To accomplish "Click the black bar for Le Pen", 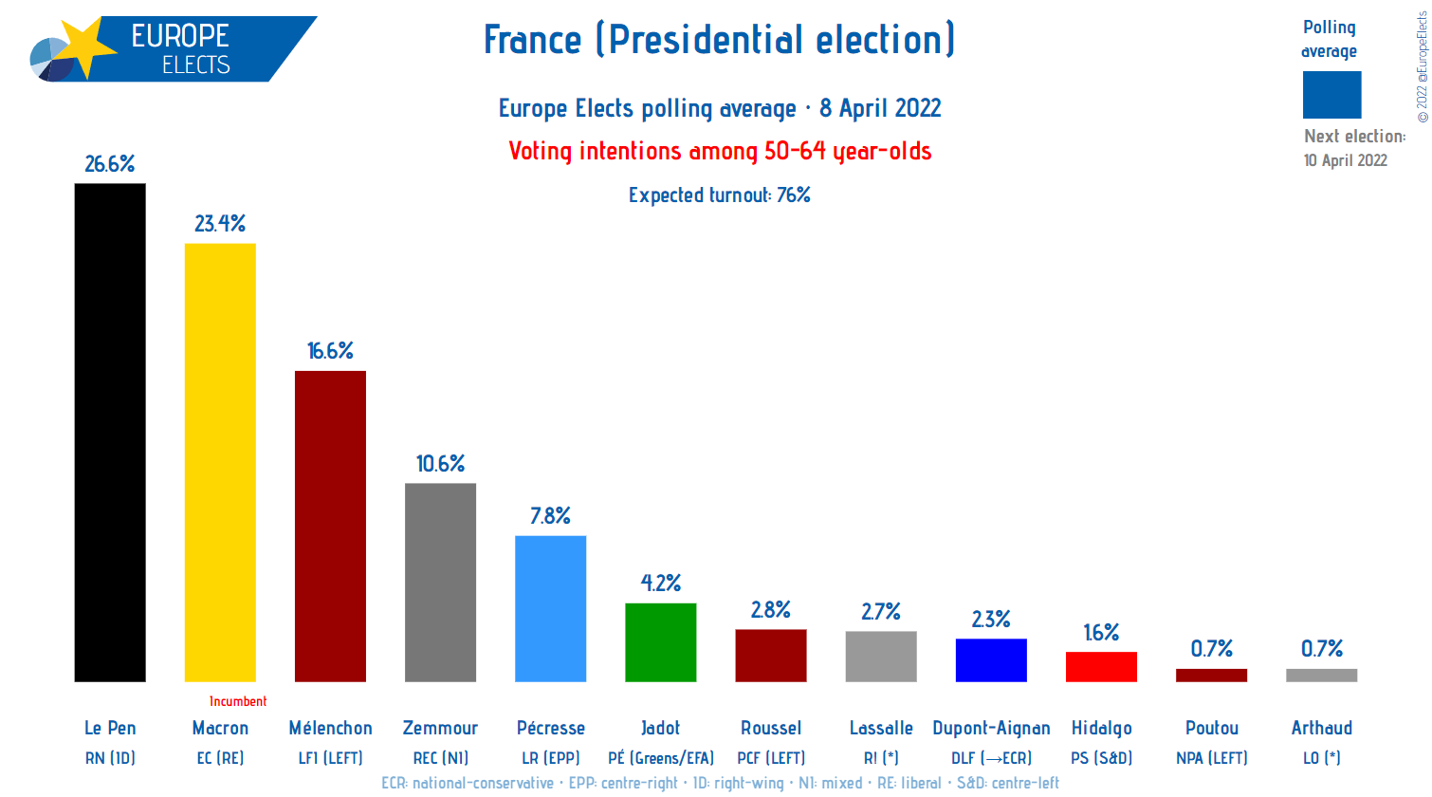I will (x=110, y=433).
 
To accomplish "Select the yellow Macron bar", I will (x=220, y=462).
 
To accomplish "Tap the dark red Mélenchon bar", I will (x=330, y=526).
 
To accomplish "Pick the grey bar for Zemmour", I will (x=440, y=582).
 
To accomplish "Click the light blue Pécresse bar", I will (x=550, y=608).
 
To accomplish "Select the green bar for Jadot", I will (x=660, y=642).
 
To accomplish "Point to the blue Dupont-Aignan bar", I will (x=991, y=660).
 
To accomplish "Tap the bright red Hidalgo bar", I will (x=1101, y=667).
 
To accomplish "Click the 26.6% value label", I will (x=110, y=164).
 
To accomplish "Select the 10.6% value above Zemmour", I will (x=440, y=464).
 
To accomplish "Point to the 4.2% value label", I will (x=660, y=584).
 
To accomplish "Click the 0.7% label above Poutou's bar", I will (x=1211, y=649).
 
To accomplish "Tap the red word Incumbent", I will (x=238, y=701).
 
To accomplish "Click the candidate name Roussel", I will (x=770, y=728).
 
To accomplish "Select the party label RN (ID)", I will (x=110, y=758).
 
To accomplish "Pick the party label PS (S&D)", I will (x=1101, y=758).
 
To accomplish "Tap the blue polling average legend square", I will (x=1331, y=95).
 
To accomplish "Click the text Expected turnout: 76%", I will (x=719, y=195).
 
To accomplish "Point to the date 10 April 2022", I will (x=1345, y=160).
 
